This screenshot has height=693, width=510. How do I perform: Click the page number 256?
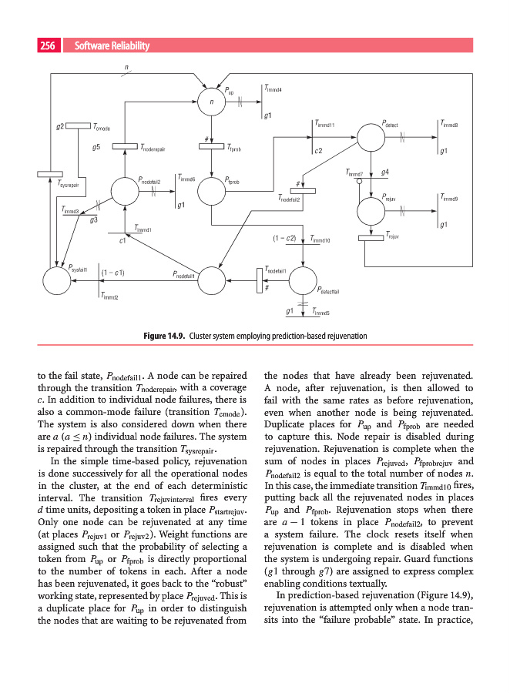[x=46, y=47]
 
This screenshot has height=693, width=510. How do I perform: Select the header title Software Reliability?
[x=112, y=47]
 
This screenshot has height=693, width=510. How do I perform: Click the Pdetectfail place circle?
[x=303, y=281]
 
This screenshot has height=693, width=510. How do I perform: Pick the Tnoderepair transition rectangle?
[x=125, y=147]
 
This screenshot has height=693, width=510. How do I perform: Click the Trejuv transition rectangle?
[x=371, y=237]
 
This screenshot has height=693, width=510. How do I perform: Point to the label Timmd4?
[x=273, y=90]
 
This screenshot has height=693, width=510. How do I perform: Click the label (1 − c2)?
[x=285, y=238]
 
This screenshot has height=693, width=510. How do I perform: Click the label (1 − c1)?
[x=112, y=273]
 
